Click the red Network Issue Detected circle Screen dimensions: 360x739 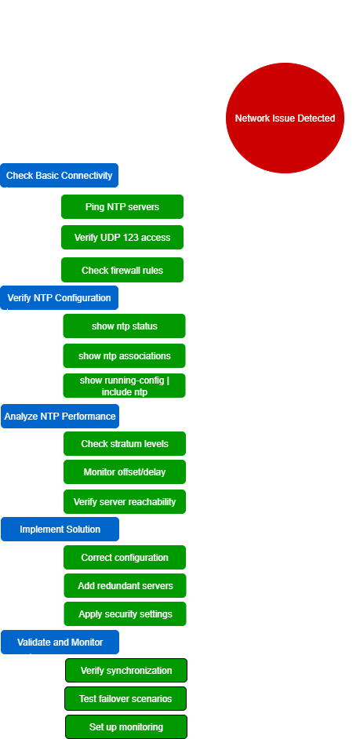[285, 118]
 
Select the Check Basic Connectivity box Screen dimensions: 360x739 [59, 175]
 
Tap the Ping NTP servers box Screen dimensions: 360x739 [122, 207]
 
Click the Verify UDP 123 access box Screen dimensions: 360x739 [122, 238]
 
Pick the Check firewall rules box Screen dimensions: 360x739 [122, 270]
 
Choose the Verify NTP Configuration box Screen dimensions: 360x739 [59, 298]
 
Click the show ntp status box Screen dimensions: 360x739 [125, 326]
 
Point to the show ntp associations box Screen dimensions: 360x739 [125, 356]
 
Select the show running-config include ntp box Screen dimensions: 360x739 [125, 385]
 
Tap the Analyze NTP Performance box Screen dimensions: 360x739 [60, 416]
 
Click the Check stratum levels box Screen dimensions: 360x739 [125, 443]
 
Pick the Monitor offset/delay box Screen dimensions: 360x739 [125, 471]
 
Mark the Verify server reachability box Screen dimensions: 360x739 [125, 501]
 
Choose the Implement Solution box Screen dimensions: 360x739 [60, 530]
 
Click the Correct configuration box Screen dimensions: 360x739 [125, 558]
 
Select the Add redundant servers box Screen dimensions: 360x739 [125, 586]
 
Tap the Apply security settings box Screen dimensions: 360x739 [125, 614]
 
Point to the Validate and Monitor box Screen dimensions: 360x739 [60, 643]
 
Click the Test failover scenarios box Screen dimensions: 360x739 [125, 698]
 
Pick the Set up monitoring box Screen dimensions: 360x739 [126, 726]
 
